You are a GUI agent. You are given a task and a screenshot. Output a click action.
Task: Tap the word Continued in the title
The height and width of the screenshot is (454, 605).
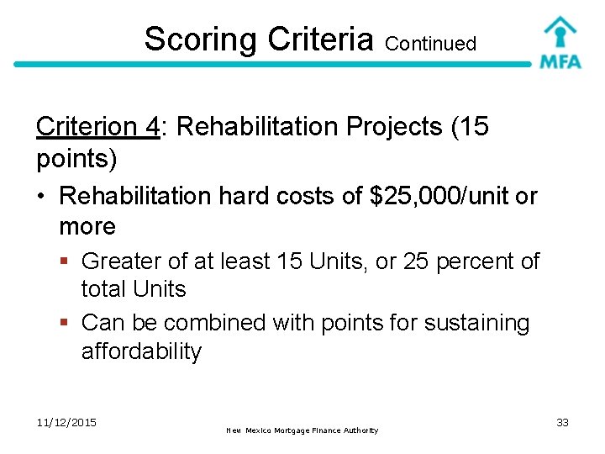point(431,43)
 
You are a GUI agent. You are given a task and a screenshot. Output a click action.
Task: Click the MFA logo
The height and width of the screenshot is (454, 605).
point(560,43)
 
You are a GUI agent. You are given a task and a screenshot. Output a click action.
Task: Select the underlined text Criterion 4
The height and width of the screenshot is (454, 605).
point(97,127)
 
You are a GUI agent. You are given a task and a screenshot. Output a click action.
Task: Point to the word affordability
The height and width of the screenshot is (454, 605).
point(141,351)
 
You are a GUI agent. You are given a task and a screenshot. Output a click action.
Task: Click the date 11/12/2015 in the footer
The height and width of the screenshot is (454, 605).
point(66,422)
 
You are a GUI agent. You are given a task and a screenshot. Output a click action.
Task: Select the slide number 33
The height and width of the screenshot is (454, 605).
point(562,422)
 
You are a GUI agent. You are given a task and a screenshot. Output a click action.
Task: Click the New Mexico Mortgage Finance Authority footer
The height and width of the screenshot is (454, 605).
point(302,430)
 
